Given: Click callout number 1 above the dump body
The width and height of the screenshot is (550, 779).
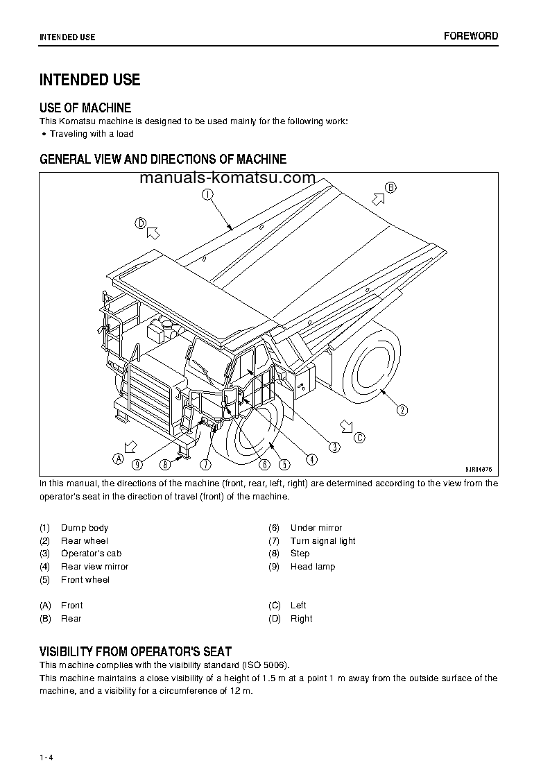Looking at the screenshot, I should [x=207, y=195].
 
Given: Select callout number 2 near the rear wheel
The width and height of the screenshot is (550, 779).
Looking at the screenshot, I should [x=402, y=410].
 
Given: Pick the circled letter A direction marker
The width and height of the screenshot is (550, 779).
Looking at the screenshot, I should [x=118, y=459].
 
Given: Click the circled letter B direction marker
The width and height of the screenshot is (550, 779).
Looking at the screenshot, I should [x=390, y=187].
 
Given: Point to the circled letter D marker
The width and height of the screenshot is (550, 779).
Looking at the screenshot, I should [x=140, y=223].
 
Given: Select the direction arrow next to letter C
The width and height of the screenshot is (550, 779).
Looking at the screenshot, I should [x=345, y=425].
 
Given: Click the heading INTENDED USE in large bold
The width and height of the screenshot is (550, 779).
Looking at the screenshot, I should [x=89, y=80].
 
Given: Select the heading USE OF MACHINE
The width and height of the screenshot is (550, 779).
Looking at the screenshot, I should [x=85, y=108].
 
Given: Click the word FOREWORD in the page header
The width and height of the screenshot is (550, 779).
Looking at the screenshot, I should [x=471, y=36].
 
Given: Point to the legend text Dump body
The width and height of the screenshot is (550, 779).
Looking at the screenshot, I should [x=85, y=528].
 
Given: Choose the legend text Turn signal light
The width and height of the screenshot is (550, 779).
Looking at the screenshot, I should [x=323, y=541].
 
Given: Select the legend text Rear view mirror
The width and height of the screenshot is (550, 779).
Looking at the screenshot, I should [x=94, y=567].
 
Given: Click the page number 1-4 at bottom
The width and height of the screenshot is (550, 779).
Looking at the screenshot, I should [x=46, y=737].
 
